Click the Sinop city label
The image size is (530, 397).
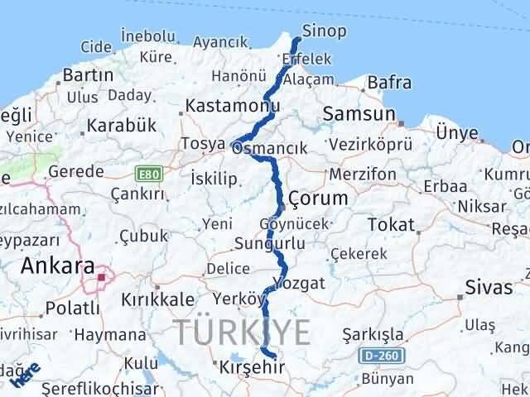pyautogui.click(x=325, y=31)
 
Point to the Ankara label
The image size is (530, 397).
pyautogui.click(x=57, y=266)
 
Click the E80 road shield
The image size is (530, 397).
pyautogui.click(x=146, y=174)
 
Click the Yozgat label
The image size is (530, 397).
pyautogui.click(x=301, y=283)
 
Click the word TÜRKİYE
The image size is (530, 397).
pyautogui.click(x=243, y=332)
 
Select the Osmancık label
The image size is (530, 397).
pyautogui.click(x=270, y=148)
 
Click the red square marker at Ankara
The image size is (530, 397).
pyautogui.click(x=102, y=277)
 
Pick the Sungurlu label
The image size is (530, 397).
pyautogui.click(x=258, y=244)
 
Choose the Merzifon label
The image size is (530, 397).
pyautogui.click(x=361, y=175)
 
